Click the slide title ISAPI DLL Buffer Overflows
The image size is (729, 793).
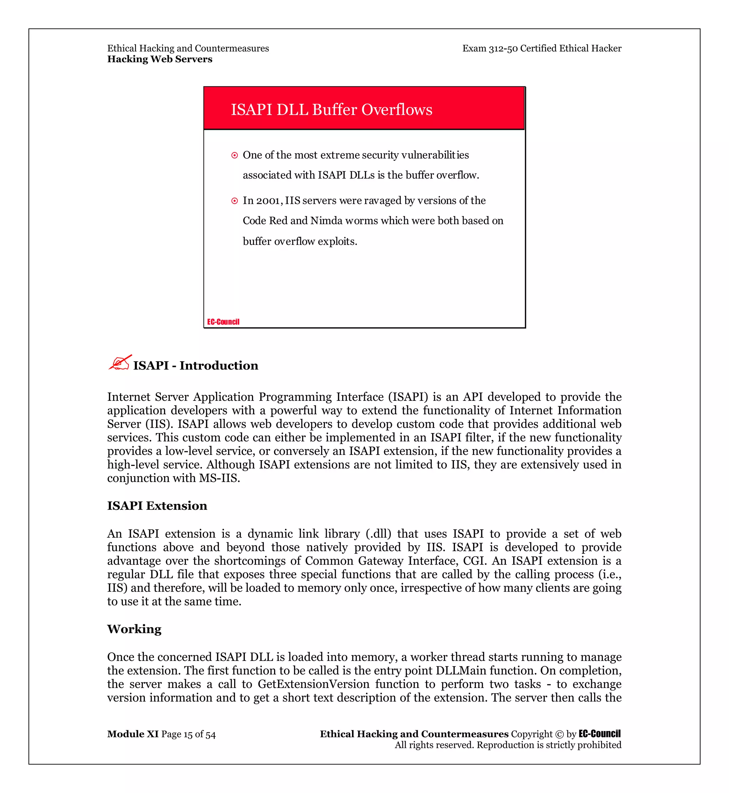(331, 110)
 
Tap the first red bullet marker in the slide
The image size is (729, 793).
(234, 156)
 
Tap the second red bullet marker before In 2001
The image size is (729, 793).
(234, 201)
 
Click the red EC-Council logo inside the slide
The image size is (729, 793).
(223, 322)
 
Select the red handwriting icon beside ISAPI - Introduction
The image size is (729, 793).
(120, 363)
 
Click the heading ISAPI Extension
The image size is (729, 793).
(157, 506)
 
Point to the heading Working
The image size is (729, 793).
(134, 629)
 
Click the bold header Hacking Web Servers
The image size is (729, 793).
(160, 59)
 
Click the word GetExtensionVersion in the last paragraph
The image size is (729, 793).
(314, 684)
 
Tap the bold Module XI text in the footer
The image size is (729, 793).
(132, 734)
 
